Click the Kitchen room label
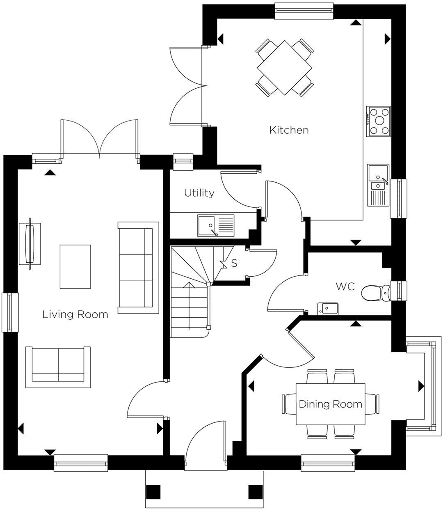click(x=289, y=131)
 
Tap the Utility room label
click(x=199, y=193)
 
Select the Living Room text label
click(x=75, y=314)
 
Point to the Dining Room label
click(x=330, y=404)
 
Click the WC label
click(x=345, y=287)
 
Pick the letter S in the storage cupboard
click(x=234, y=263)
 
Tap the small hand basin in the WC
click(x=327, y=308)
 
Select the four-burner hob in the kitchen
click(x=379, y=121)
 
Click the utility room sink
click(x=215, y=226)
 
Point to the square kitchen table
click(x=284, y=68)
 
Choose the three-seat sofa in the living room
click(x=138, y=267)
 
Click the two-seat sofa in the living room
click(x=58, y=366)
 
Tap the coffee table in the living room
click(x=75, y=266)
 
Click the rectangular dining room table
click(x=330, y=404)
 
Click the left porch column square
click(x=153, y=492)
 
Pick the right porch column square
click(x=255, y=492)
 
